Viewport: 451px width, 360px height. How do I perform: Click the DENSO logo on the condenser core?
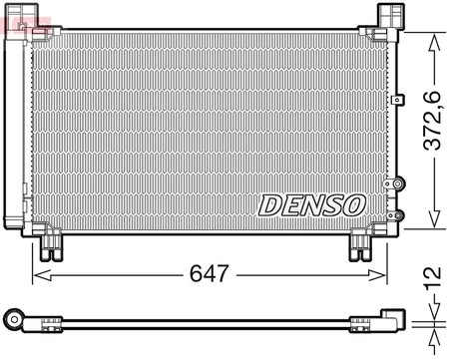point(312,204)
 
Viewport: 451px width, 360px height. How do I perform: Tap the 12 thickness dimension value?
point(432,276)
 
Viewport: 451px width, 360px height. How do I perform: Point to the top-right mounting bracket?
point(388,16)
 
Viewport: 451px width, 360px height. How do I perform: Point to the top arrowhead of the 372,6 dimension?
point(432,38)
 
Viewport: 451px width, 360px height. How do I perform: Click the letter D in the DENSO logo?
point(271,204)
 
